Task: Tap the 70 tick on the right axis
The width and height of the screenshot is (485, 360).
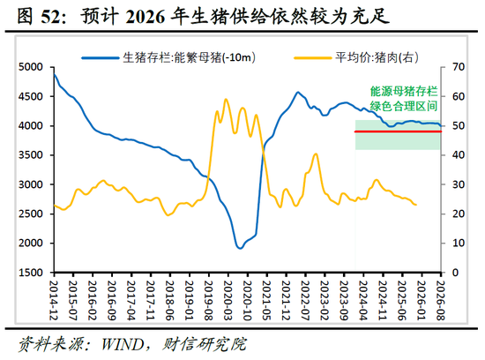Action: pos(458,67)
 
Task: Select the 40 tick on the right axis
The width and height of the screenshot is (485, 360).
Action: pos(458,155)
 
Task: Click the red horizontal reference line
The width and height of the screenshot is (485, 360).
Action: pos(397,131)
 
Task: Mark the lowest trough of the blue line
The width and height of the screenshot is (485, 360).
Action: pos(240,248)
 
